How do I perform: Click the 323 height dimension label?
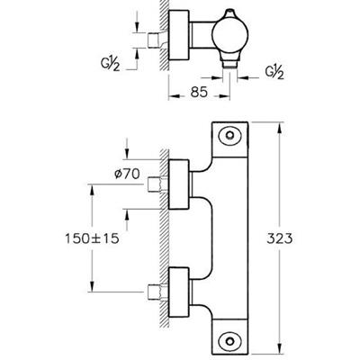tap(279, 238)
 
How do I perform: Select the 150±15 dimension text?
tap(92, 238)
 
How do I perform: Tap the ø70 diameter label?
tap(128, 174)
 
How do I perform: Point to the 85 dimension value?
tap(199, 92)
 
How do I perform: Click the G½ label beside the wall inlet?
tap(111, 63)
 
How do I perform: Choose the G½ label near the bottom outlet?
tap(274, 72)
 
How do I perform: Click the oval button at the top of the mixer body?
tap(230, 136)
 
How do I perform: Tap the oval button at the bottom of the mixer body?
tap(230, 341)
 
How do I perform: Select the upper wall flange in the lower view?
tap(179, 184)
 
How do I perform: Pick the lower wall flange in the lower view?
tap(179, 292)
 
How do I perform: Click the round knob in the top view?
tap(230, 34)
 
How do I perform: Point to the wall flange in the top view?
tap(179, 34)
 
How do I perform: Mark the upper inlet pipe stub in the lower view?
tap(157, 184)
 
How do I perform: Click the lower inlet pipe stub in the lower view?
tap(157, 292)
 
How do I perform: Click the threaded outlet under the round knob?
tap(230, 65)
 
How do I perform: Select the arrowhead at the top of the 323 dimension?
tap(279, 129)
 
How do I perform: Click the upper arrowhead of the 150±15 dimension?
tap(92, 191)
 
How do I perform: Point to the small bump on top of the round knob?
tap(229, 13)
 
